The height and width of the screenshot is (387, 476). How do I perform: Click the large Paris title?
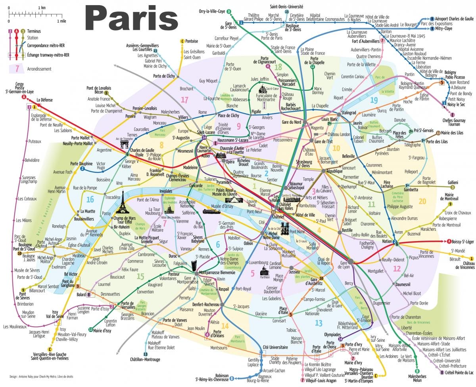point(131,18)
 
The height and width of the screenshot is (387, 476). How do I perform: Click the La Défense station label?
point(44,100)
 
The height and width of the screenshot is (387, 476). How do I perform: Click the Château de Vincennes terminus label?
point(463,265)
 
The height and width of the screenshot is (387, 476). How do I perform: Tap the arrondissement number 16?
point(91,199)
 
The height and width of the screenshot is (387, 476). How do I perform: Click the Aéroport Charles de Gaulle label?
point(455,19)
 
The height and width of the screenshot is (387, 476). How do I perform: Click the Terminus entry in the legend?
point(34,31)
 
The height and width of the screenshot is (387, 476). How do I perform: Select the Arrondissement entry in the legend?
point(39,69)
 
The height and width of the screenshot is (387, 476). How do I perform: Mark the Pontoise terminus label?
point(191,41)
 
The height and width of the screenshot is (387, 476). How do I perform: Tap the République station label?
point(334,171)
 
